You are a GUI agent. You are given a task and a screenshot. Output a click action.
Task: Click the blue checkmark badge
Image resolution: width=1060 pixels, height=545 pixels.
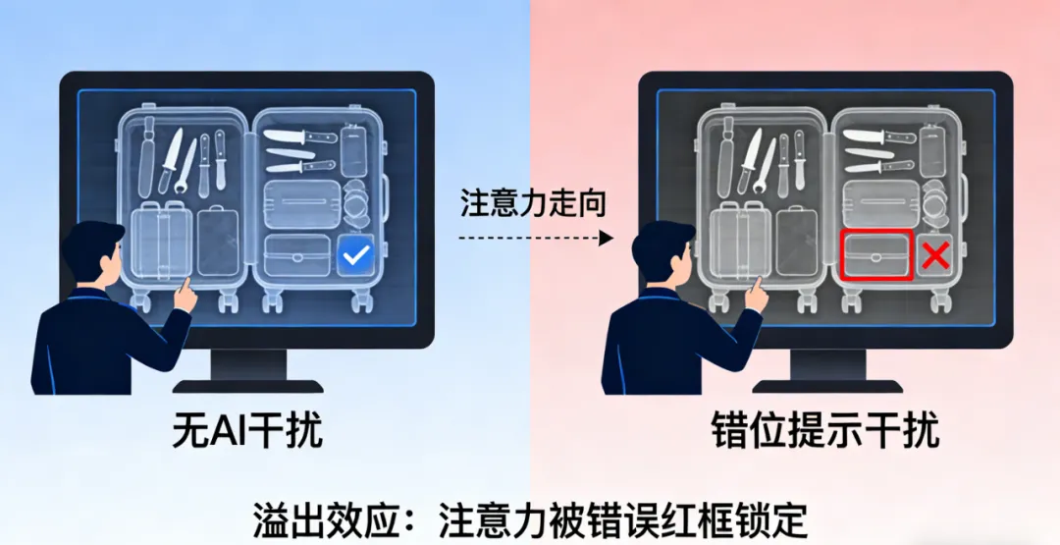[354, 257]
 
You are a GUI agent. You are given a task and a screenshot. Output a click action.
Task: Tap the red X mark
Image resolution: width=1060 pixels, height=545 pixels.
[934, 256]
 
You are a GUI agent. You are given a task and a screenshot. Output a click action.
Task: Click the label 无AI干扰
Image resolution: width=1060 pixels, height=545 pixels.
[247, 431]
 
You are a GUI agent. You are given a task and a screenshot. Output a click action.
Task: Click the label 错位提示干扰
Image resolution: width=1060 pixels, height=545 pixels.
[825, 431]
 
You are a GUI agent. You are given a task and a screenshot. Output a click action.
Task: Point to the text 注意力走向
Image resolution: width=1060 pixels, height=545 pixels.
[534, 203]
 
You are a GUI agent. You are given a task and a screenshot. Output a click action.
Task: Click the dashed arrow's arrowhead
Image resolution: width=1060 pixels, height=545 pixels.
[607, 238]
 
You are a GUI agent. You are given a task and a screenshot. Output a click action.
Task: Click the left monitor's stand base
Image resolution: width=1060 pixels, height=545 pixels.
[247, 385]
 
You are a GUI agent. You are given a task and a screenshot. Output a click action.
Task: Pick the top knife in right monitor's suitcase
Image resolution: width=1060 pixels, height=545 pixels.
[876, 136]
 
